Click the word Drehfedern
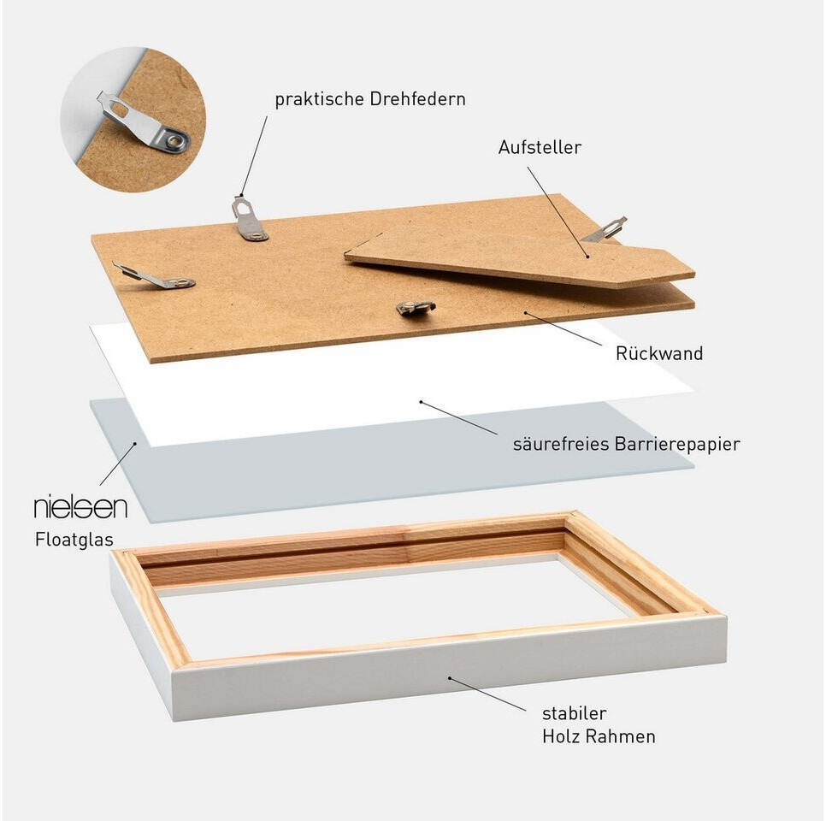pyautogui.click(x=417, y=99)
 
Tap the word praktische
pyautogui.click(x=319, y=99)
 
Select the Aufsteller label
pyautogui.click(x=540, y=147)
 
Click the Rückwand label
pyautogui.click(x=659, y=352)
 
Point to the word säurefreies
pyautogui.click(x=559, y=444)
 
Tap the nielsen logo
pyautogui.click(x=80, y=507)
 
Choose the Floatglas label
pyautogui.click(x=74, y=540)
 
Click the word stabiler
pyautogui.click(x=575, y=713)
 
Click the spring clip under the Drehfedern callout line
pyautogui.click(x=248, y=218)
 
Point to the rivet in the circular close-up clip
pyautogui.click(x=174, y=141)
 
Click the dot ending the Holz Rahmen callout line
pyautogui.click(x=450, y=677)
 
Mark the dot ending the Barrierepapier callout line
pyautogui.click(x=421, y=402)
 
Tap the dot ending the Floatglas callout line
pyautogui.click(x=135, y=444)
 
